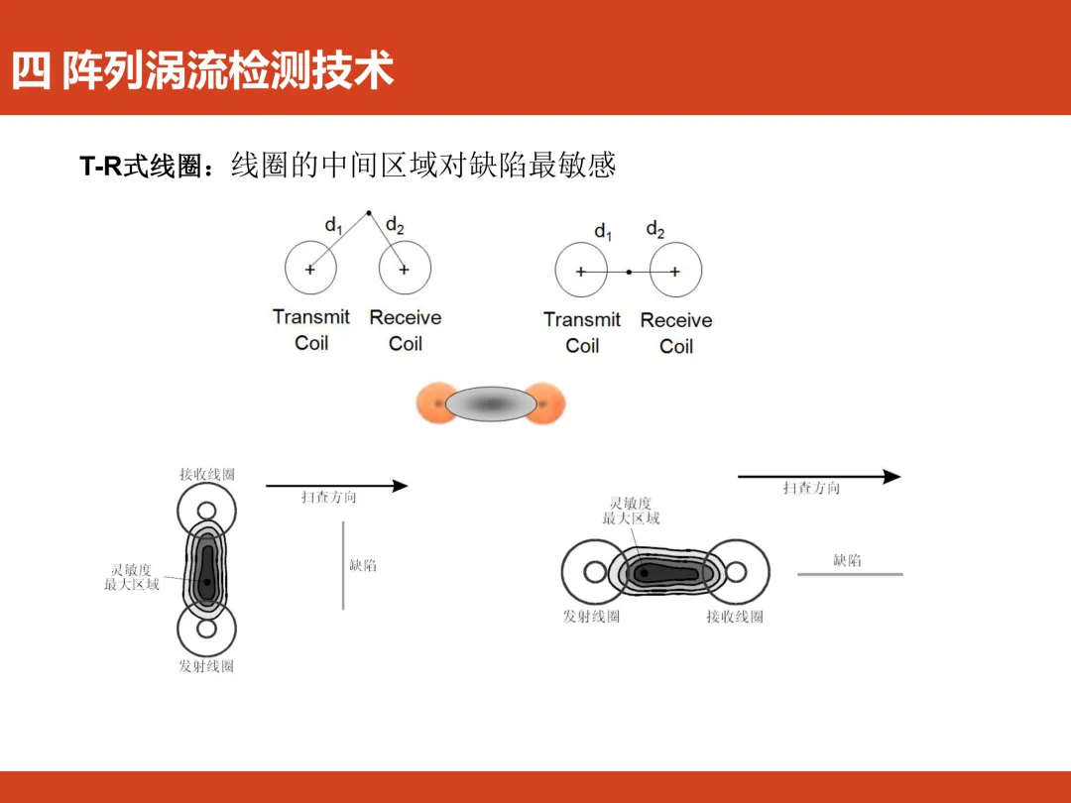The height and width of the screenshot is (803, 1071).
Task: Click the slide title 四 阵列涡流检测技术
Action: pyautogui.click(x=203, y=71)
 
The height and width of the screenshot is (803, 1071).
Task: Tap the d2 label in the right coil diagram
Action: pyautogui.click(x=655, y=231)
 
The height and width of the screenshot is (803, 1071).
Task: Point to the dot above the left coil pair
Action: pyautogui.click(x=369, y=212)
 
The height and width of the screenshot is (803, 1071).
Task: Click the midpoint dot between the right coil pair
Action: pyautogui.click(x=629, y=271)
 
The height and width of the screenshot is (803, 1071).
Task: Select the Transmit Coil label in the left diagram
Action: pyautogui.click(x=311, y=330)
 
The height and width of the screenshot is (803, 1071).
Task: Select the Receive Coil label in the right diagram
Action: pyautogui.click(x=676, y=333)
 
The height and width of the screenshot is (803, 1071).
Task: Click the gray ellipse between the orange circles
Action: pyautogui.click(x=490, y=404)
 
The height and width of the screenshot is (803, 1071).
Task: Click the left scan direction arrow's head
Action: pyautogui.click(x=401, y=486)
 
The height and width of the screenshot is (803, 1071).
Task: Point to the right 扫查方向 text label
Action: pyautogui.click(x=811, y=488)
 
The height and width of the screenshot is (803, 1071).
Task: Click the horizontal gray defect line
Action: pyautogui.click(x=850, y=574)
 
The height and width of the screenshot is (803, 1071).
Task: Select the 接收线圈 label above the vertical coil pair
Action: pyautogui.click(x=207, y=475)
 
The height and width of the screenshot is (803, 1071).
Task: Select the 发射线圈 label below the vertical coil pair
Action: pyautogui.click(x=206, y=666)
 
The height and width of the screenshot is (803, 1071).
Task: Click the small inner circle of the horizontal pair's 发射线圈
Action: pyautogui.click(x=595, y=572)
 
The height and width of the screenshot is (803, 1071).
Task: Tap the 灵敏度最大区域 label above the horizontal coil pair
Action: pyautogui.click(x=631, y=511)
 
